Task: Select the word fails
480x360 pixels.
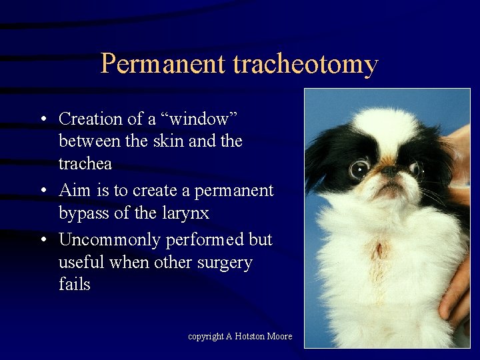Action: pyautogui.click(x=74, y=285)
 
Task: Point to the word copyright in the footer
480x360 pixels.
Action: pyautogui.click(x=205, y=337)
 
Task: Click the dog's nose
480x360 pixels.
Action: pyautogui.click(x=389, y=171)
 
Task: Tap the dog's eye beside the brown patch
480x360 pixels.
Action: pyautogui.click(x=359, y=169)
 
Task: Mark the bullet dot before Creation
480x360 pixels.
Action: pyautogui.click(x=42, y=119)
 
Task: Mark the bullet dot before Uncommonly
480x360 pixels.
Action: pyautogui.click(x=42, y=239)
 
